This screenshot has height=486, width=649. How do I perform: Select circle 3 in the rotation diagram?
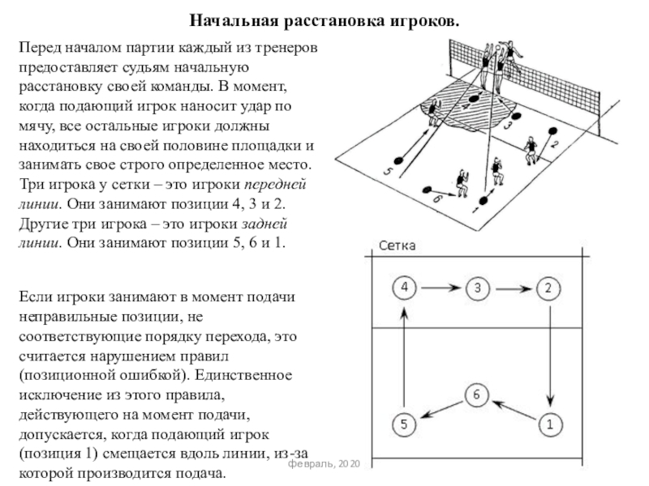(478, 287)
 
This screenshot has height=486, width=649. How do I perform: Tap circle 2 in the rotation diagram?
(549, 287)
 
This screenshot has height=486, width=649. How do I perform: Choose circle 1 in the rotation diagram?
(549, 422)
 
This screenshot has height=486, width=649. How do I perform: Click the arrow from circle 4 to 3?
(441, 287)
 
